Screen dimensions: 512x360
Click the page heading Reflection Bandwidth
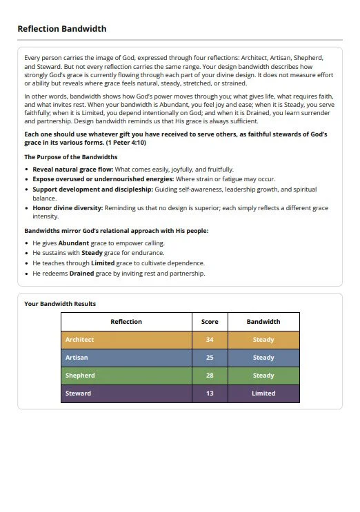pyautogui.click(x=61, y=29)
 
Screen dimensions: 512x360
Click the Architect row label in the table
pyautogui.click(x=79, y=340)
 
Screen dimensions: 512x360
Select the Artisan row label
pyautogui.click(x=77, y=358)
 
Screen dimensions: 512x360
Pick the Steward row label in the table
pyautogui.click(x=78, y=393)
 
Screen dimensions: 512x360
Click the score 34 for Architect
pyautogui.click(x=210, y=340)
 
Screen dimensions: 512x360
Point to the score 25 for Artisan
pyautogui.click(x=210, y=358)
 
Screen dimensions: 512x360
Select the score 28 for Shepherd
pyautogui.click(x=210, y=376)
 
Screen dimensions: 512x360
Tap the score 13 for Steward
pyautogui.click(x=210, y=393)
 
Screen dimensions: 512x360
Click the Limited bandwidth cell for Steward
pyautogui.click(x=263, y=393)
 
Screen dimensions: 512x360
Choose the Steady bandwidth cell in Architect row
pyautogui.click(x=263, y=340)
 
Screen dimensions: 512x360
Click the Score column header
pyautogui.click(x=210, y=322)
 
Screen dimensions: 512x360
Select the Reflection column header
pyautogui.click(x=126, y=322)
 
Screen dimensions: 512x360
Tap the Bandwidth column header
pyautogui.click(x=263, y=322)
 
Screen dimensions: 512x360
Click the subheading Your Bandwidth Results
pyautogui.click(x=60, y=303)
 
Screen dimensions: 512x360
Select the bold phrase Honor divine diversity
pyautogui.click(x=68, y=207)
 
